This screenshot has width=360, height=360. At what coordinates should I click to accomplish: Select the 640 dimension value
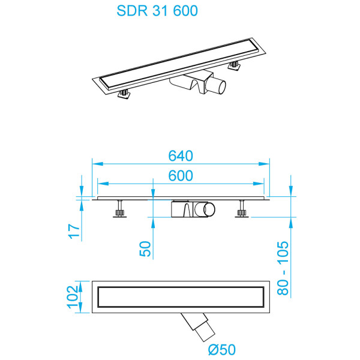tap(180, 156)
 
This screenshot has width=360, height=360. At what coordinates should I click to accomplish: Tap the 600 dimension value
tap(180, 175)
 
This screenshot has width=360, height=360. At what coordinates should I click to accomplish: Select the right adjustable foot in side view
tap(242, 210)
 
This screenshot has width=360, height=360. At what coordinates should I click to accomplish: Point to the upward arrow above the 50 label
tap(153, 223)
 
